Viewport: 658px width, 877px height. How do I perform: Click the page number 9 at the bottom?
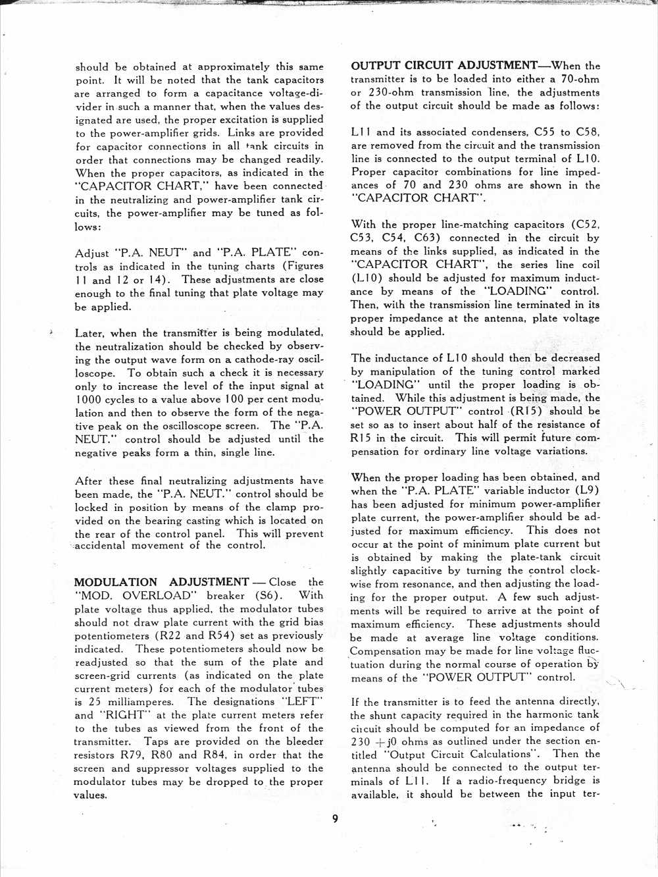(335, 818)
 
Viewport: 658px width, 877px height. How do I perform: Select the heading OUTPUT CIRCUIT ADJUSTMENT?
(444, 65)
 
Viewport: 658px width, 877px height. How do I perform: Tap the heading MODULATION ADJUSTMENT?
(161, 582)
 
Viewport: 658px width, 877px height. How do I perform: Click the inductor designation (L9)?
(587, 491)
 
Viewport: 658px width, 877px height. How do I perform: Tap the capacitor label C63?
(428, 238)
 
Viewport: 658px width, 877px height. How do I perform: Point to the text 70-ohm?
(579, 79)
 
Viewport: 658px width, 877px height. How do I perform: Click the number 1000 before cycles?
(88, 400)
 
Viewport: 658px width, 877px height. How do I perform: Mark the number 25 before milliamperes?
(95, 702)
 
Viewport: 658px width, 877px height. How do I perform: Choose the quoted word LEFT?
(302, 702)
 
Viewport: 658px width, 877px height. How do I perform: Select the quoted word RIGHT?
(125, 715)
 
